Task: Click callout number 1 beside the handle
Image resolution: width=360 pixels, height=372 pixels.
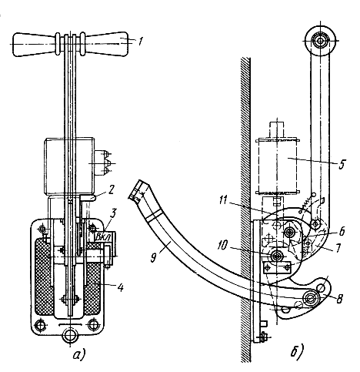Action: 140,41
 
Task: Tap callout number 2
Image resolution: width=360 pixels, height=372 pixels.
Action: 112,190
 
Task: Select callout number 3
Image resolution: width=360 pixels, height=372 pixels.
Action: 113,213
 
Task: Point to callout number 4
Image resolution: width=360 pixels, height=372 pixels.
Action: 120,287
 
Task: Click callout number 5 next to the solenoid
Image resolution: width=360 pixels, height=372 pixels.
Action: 342,164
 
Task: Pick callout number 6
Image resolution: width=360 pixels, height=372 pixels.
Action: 342,231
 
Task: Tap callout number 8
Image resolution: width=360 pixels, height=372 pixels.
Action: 339,299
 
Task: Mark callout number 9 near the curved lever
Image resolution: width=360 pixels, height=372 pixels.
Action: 153,257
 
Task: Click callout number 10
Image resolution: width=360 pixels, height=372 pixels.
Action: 222,246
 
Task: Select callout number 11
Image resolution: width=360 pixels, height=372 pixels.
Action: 223,200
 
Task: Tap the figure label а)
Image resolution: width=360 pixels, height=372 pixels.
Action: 79,355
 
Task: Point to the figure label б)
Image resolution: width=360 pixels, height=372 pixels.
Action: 297,350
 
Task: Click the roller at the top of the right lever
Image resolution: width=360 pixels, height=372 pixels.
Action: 320,40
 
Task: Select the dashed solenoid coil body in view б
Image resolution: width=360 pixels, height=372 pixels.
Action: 277,166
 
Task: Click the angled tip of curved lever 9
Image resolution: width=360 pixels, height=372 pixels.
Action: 138,190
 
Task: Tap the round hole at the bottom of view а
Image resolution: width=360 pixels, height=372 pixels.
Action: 70,335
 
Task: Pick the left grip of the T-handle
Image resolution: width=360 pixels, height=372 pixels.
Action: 35,45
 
